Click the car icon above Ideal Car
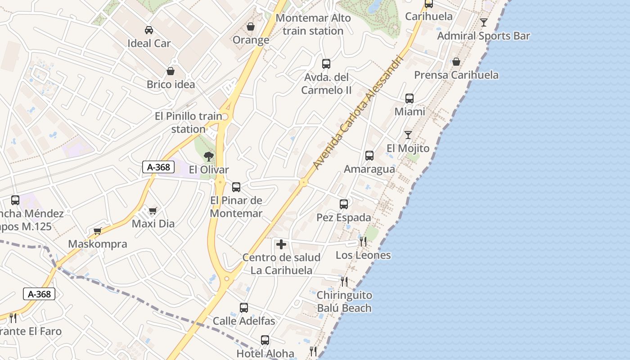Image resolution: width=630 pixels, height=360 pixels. tap(148, 30)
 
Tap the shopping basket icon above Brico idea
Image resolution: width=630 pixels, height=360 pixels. tap(171, 71)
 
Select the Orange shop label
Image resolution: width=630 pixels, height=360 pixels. tap(251, 40)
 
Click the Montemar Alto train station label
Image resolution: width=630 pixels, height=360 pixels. tap(313, 24)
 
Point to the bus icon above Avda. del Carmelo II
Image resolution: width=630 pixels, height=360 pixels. tap(326, 64)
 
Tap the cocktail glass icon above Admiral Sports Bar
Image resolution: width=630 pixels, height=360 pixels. tap(484, 22)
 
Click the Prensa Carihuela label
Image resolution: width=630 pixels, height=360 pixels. tap(456, 75)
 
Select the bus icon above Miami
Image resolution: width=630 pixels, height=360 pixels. tap(409, 99)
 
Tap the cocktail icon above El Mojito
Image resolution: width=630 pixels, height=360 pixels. tap(408, 135)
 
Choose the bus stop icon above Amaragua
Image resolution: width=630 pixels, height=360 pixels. tap(369, 156)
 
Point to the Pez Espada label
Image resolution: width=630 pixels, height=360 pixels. tap(344, 218)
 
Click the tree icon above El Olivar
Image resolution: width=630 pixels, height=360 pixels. tap(208, 157)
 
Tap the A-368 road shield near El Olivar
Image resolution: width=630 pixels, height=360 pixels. tap(158, 167)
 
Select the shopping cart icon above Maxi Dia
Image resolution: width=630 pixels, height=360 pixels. tap(153, 211)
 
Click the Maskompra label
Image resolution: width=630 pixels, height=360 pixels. tap(98, 244)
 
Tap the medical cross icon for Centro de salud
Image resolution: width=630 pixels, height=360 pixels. tap(281, 244)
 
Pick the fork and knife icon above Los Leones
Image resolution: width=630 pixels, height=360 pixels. tap(363, 242)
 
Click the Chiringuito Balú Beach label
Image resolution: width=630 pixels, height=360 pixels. tap(344, 301)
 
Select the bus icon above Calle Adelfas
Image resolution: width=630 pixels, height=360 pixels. tap(244, 308)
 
